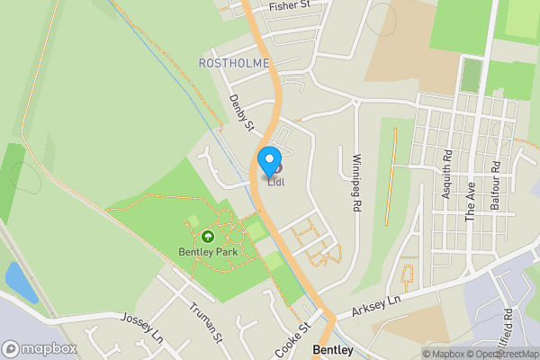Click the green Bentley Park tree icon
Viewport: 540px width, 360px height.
coord(208,237)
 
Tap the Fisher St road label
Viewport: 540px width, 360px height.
coord(289,5)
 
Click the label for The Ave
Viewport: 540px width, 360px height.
coord(470,202)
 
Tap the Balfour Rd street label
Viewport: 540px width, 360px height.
coord(495,185)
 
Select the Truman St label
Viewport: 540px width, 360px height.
coord(206,323)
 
